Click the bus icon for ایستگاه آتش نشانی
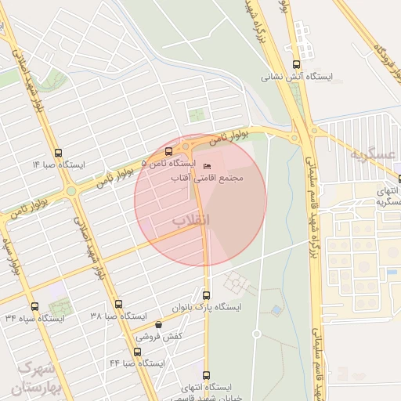[x=295, y=65]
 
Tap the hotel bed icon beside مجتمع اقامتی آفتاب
[x=207, y=167]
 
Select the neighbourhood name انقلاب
[x=191, y=222]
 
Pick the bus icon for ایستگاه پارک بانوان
[x=207, y=295]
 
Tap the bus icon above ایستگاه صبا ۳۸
[x=118, y=304]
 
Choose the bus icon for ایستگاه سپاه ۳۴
[x=34, y=306]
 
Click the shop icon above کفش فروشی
[x=159, y=324]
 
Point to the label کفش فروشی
[x=159, y=336]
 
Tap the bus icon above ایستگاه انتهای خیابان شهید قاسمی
[x=206, y=375]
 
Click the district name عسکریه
[x=372, y=155]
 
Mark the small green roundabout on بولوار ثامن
[x=70, y=190]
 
